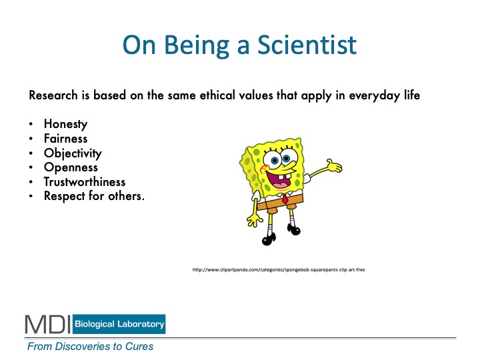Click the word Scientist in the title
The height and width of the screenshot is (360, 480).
click(x=307, y=45)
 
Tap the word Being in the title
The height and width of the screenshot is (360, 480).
click(x=197, y=46)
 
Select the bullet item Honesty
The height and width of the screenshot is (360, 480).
click(x=65, y=124)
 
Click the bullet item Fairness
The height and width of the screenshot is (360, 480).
click(x=65, y=139)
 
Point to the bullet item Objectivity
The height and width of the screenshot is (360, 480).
click(x=73, y=153)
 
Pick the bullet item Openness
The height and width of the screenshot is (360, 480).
click(x=71, y=167)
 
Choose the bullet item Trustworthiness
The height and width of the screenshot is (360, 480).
click(x=85, y=181)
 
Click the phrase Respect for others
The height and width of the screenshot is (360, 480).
click(x=94, y=196)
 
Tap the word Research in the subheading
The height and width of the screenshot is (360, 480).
click(x=53, y=95)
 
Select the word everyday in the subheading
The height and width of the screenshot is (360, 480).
click(x=374, y=96)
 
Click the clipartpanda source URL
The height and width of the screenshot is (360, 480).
click(x=279, y=270)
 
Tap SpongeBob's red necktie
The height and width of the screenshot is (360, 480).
click(x=285, y=199)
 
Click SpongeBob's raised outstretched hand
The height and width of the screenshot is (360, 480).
click(x=334, y=166)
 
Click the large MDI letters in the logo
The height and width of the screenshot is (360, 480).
click(x=48, y=324)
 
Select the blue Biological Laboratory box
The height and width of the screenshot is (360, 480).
click(x=119, y=324)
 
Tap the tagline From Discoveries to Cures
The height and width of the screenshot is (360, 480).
click(x=90, y=346)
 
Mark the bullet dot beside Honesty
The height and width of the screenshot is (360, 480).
click(x=31, y=124)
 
